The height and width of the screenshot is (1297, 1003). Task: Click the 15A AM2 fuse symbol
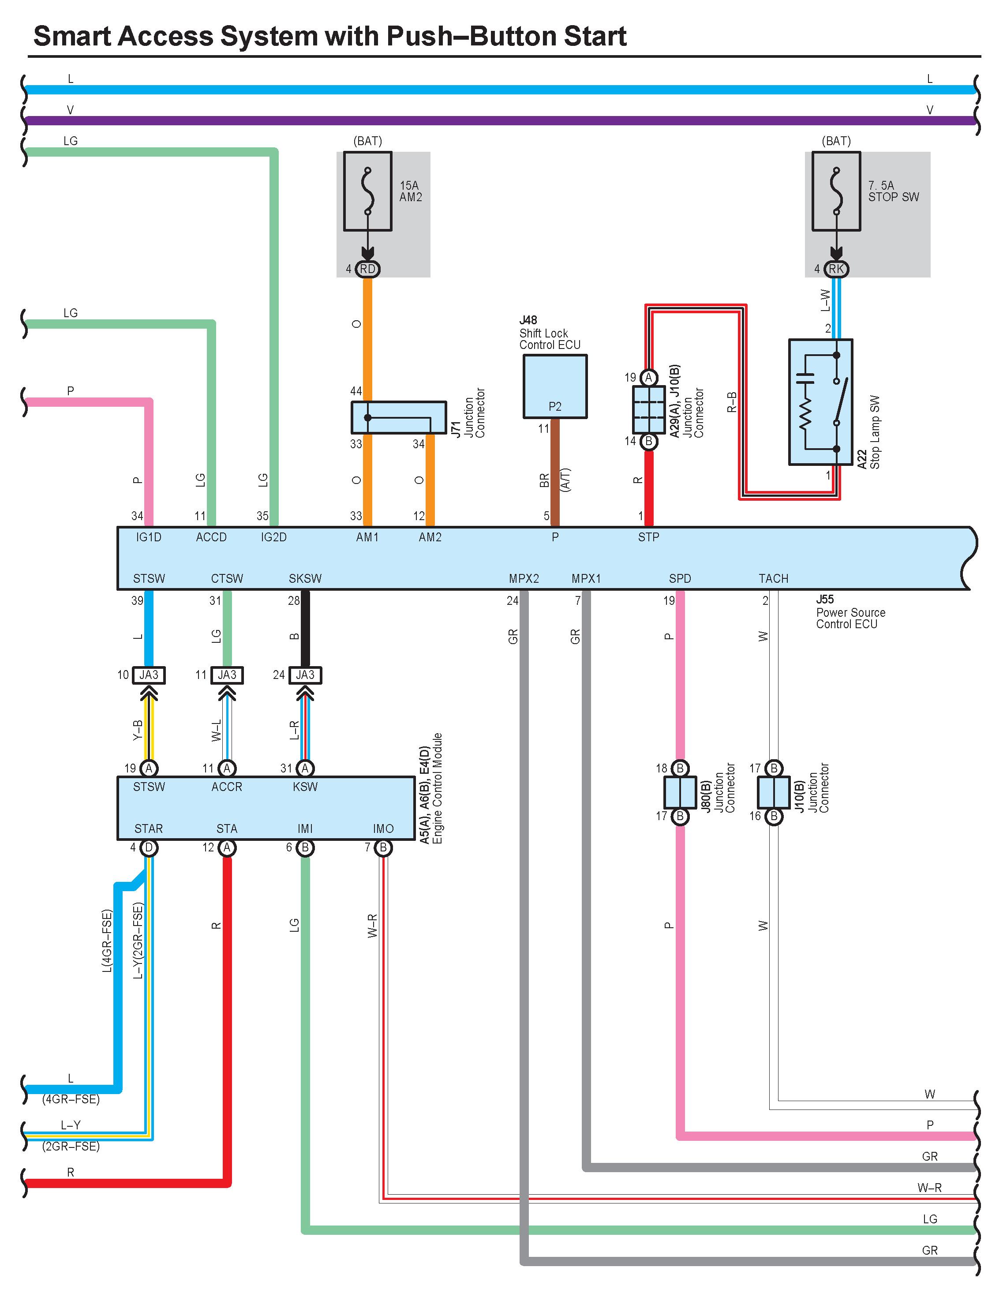(x=367, y=191)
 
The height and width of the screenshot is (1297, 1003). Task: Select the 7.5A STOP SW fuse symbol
(x=836, y=191)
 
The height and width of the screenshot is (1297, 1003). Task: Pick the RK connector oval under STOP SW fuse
(x=836, y=269)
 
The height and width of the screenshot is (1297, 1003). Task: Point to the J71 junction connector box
(x=398, y=417)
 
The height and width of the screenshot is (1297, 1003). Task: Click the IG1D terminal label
(x=149, y=537)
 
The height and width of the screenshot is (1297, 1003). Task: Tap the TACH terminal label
(x=773, y=579)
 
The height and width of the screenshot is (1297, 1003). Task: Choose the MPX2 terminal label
(x=524, y=579)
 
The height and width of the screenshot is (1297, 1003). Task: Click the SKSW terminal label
(x=305, y=579)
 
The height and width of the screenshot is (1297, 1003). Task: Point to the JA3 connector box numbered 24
(x=305, y=675)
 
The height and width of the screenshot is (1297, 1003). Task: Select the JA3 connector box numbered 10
(x=149, y=675)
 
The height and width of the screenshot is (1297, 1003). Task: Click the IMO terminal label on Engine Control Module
(x=383, y=829)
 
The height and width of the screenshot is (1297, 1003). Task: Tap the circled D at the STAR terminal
(x=149, y=847)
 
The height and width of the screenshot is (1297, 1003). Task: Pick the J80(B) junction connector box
(x=680, y=792)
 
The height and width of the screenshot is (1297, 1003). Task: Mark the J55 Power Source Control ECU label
(x=850, y=612)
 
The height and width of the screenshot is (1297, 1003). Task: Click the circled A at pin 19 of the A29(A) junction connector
(x=649, y=378)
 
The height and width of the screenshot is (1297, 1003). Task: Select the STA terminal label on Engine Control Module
(x=227, y=829)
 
